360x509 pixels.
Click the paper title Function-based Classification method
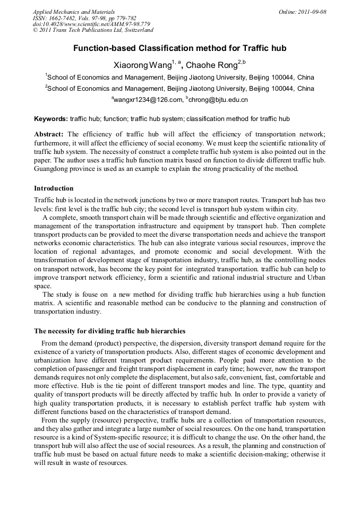click(x=179, y=48)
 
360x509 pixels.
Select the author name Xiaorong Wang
click(x=142, y=65)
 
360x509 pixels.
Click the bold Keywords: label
click(x=51, y=119)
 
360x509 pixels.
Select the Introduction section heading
click(x=54, y=188)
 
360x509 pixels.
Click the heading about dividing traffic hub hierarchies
click(x=109, y=331)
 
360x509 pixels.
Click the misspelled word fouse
click(x=89, y=295)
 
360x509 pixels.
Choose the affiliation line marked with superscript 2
click(x=181, y=89)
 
